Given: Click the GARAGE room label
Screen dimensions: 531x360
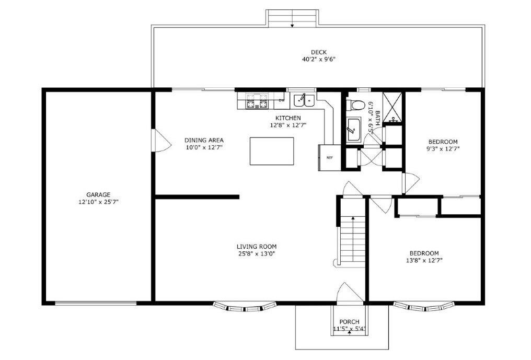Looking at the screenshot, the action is click(98, 195).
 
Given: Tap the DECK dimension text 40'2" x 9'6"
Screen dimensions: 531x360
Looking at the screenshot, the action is click(319, 59).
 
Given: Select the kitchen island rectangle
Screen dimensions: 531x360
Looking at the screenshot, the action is click(272, 151).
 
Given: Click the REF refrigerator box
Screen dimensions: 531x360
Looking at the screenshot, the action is click(329, 158).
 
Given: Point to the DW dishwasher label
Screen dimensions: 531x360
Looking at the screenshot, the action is click(281, 100).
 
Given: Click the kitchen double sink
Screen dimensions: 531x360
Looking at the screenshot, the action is click(304, 100).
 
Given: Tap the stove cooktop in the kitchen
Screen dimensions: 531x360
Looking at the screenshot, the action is click(257, 101).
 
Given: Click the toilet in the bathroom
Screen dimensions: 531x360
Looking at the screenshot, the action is click(354, 104).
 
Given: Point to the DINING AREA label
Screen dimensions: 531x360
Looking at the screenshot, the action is click(204, 140).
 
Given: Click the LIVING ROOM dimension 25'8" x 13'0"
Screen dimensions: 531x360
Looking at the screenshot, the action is click(257, 253).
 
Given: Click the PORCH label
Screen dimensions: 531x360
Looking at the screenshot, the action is click(349, 322).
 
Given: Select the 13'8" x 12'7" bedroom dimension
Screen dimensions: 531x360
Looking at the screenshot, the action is click(424, 260).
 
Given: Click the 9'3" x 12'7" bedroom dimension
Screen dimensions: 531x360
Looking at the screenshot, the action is click(443, 149).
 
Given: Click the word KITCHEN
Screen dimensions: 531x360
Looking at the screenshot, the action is click(288, 118).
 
